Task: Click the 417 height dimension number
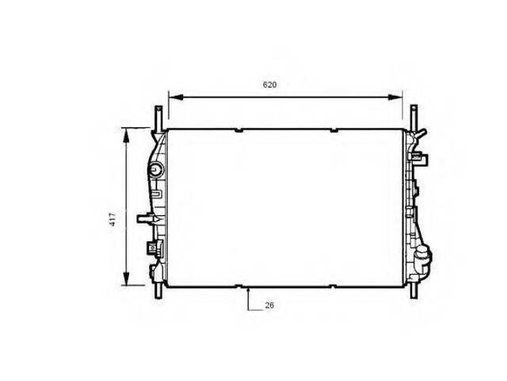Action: point(113,218)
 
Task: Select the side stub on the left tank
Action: point(143,217)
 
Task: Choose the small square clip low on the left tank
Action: point(149,247)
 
